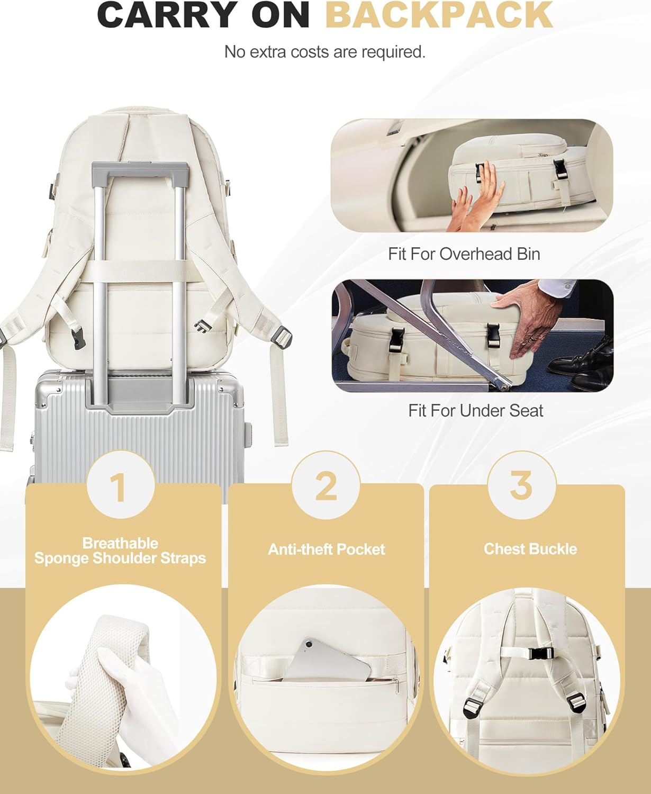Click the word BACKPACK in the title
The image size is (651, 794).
(x=438, y=15)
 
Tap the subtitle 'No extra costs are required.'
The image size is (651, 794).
(x=325, y=52)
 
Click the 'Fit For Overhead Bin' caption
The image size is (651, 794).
(x=464, y=254)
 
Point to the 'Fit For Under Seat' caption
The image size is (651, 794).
(x=475, y=411)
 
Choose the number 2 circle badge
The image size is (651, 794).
(x=325, y=485)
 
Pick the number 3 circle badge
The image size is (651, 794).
(x=521, y=484)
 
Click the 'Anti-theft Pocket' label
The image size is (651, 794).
(x=326, y=549)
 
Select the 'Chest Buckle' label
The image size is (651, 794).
(x=530, y=549)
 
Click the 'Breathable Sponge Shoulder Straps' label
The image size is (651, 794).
(x=120, y=551)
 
